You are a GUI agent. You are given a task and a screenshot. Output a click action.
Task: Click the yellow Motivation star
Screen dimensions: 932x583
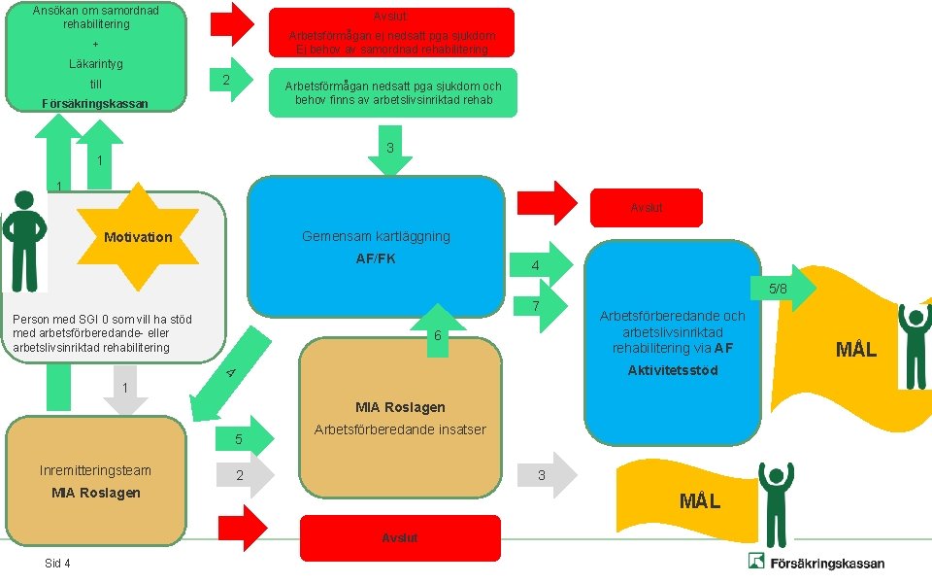pyautogui.click(x=138, y=237)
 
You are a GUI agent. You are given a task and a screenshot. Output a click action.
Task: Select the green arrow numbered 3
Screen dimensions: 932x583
pyautogui.click(x=390, y=150)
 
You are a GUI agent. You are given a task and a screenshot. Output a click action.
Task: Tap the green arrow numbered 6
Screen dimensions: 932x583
pyautogui.click(x=438, y=330)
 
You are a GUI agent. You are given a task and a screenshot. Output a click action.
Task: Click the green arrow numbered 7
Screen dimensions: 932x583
pyautogui.click(x=538, y=306)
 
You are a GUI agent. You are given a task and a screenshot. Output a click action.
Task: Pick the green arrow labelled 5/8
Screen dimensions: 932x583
pyautogui.click(x=782, y=289)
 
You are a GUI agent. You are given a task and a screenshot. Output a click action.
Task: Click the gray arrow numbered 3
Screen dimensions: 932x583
pyautogui.click(x=547, y=475)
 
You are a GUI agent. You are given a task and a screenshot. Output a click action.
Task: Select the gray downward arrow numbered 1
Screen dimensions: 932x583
pyautogui.click(x=125, y=390)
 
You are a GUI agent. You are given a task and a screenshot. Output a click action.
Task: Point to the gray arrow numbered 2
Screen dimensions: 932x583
pyautogui.click(x=245, y=475)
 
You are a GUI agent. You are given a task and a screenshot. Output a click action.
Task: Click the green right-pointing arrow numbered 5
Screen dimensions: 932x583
pyautogui.click(x=245, y=439)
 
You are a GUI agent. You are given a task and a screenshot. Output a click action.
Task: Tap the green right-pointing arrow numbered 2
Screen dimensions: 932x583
pyautogui.click(x=231, y=80)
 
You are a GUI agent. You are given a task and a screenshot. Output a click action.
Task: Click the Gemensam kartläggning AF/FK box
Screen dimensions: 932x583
pyautogui.click(x=376, y=246)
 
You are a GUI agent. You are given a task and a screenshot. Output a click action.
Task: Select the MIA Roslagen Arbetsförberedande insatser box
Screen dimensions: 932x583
pyautogui.click(x=400, y=418)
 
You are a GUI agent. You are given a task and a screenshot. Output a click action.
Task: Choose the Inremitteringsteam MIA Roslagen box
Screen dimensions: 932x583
pyautogui.click(x=96, y=481)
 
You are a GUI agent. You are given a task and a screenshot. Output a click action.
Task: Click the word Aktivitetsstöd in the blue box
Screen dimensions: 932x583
pyautogui.click(x=673, y=370)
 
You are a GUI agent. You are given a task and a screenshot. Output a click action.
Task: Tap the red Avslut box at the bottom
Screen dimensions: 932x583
pyautogui.click(x=400, y=537)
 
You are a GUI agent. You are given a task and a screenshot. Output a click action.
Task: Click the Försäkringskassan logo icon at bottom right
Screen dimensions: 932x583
pyautogui.click(x=756, y=561)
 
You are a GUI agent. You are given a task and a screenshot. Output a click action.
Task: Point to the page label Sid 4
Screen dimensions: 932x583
pyautogui.click(x=57, y=563)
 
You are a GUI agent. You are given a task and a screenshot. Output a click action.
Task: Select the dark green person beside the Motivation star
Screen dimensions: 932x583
pyautogui.click(x=24, y=241)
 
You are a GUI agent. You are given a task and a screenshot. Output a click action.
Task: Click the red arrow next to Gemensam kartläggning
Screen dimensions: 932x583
pyautogui.click(x=547, y=203)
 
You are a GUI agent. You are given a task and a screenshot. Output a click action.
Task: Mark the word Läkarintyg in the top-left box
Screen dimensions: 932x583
pyautogui.click(x=96, y=64)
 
